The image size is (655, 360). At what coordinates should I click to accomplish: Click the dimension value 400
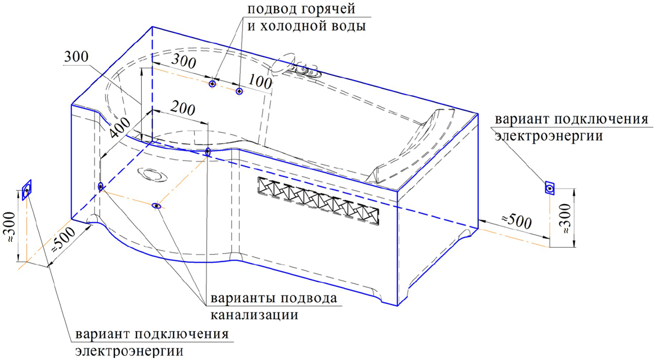click(121, 128)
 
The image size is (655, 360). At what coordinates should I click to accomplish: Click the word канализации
click(254, 315)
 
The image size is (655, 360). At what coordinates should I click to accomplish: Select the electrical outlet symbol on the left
click(27, 190)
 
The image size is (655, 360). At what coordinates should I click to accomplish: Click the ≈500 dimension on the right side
click(517, 222)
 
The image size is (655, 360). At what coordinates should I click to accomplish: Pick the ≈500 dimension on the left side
click(63, 240)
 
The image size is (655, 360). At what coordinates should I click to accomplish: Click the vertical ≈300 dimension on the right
click(566, 218)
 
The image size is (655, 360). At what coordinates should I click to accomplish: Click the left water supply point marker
click(212, 84)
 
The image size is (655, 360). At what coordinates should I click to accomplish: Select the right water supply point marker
click(239, 91)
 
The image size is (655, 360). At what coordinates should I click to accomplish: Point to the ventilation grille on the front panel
click(318, 201)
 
